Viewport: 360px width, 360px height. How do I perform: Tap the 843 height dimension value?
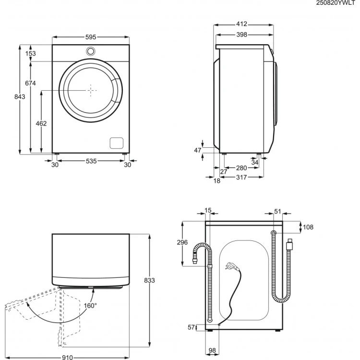(x=20, y=96)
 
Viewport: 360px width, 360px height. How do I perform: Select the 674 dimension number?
(x=31, y=83)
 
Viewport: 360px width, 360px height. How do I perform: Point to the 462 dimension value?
(x=41, y=123)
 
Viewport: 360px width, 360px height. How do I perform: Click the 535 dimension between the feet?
(x=91, y=161)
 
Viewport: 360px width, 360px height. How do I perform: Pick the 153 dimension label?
(x=31, y=54)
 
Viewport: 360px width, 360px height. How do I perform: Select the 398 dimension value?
(x=241, y=35)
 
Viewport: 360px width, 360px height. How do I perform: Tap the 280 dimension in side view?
(x=241, y=168)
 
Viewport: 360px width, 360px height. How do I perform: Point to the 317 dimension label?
(x=241, y=178)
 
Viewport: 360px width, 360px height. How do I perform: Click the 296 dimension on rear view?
(x=182, y=243)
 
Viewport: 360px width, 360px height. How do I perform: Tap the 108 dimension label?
(x=308, y=227)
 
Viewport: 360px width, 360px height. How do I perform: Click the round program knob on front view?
(x=91, y=51)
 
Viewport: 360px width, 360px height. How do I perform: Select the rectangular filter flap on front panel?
(x=117, y=143)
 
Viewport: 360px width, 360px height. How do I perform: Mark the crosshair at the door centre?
(x=91, y=90)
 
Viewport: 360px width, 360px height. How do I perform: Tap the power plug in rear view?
(x=231, y=265)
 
